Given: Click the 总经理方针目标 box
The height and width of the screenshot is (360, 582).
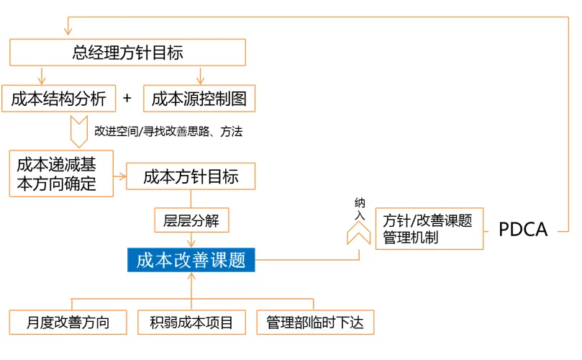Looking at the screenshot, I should click(127, 53).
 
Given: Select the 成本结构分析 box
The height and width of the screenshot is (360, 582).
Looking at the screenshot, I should click(59, 99).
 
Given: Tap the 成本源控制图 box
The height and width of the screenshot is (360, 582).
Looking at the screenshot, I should click(199, 99).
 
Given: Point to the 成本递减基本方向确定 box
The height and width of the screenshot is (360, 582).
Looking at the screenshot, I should click(62, 174).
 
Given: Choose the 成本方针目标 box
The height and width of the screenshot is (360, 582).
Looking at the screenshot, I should click(191, 176).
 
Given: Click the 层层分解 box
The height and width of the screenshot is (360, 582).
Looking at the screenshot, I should click(191, 220).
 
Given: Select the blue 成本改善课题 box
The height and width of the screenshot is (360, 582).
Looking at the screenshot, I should click(191, 260).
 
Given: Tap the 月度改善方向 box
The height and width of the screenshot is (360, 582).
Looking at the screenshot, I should click(68, 322).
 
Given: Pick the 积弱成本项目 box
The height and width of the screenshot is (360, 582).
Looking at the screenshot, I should click(191, 322).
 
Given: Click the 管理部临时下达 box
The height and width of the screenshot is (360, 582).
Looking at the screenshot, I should click(315, 322).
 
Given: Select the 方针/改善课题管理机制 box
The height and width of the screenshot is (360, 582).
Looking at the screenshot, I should click(429, 229).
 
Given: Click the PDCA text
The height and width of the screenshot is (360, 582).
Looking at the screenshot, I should click(523, 230).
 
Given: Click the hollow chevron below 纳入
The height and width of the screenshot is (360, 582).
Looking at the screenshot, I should click(359, 233).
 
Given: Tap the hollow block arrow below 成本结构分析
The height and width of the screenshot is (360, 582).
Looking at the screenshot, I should click(78, 131).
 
